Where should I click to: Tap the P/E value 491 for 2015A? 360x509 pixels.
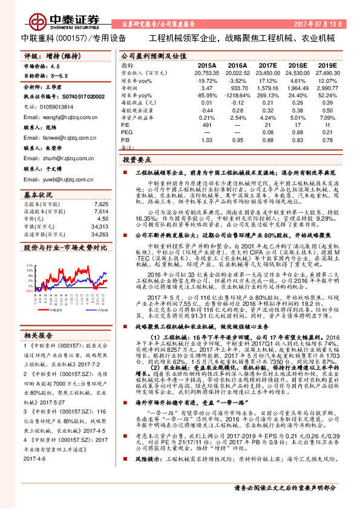[206, 125]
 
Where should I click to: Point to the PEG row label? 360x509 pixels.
[126, 132]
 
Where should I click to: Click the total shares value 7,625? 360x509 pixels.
[102, 205]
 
